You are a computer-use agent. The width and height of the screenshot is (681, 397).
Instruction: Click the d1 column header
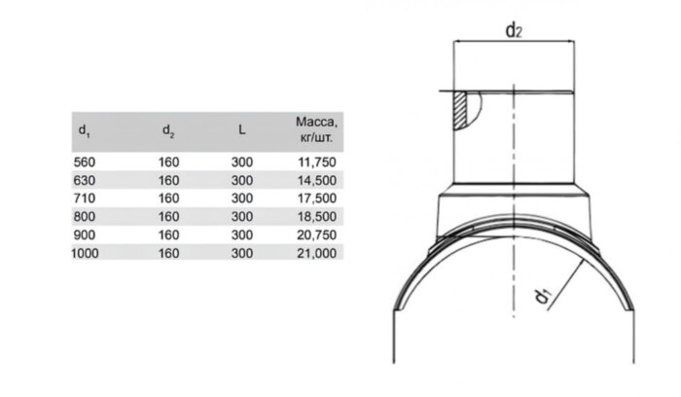(84, 130)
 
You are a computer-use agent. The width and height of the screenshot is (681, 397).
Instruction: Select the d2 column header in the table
(168, 130)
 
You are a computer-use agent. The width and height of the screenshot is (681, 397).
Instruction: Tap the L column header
(241, 129)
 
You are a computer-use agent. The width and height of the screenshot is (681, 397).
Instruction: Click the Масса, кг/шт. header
(316, 129)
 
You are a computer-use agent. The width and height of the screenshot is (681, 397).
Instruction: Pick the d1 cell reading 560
(85, 162)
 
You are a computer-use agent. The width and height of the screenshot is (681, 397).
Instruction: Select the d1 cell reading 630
(85, 180)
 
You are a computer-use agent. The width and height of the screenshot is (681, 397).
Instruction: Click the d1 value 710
(85, 198)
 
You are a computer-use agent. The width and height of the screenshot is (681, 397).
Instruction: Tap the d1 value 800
(85, 216)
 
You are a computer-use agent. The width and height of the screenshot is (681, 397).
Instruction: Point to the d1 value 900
(85, 235)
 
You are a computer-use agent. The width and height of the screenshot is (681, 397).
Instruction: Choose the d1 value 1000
(85, 253)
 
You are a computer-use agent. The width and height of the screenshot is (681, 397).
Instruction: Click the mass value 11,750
(317, 162)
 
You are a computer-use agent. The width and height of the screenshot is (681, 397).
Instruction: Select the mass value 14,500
(317, 180)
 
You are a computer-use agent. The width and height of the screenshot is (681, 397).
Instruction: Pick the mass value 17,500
(317, 198)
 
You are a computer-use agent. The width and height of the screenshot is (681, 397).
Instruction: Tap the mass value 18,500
(317, 216)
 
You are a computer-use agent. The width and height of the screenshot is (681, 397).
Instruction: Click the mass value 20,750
(317, 235)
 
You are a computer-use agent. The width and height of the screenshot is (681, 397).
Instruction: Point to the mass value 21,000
(317, 253)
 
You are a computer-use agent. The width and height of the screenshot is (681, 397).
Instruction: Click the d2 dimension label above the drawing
(514, 31)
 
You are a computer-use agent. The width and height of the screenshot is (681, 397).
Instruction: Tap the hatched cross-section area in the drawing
(460, 111)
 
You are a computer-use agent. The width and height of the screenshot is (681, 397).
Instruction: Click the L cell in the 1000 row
(242, 253)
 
